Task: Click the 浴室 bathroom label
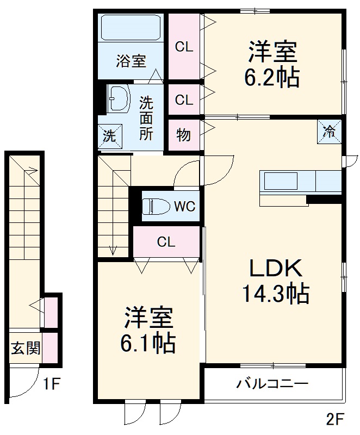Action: tap(131, 61)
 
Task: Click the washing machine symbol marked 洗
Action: tap(110, 136)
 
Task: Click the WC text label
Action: tap(185, 207)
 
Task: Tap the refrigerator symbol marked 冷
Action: tap(330, 131)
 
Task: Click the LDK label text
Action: tap(275, 269)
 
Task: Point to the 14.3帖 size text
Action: tap(275, 294)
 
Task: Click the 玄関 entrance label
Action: tap(25, 347)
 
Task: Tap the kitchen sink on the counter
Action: tap(281, 181)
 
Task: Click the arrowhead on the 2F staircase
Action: tap(113, 251)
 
